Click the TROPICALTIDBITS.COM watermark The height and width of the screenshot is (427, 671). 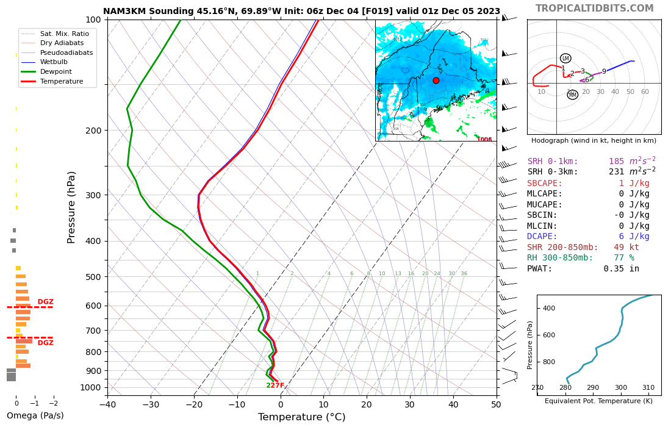[594, 9]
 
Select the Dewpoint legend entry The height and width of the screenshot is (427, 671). [56, 71]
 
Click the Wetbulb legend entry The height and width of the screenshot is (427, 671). [54, 62]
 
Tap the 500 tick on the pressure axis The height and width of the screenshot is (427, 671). [93, 277]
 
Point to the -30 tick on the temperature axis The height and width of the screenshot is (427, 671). [151, 404]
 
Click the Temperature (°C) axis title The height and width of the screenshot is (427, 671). [301, 417]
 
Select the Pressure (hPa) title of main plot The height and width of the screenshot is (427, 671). [72, 207]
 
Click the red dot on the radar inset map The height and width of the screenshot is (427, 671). [436, 81]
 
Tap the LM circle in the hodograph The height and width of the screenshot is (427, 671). [565, 59]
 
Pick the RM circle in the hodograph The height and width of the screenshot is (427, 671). [572, 95]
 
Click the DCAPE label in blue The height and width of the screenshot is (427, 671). [542, 237]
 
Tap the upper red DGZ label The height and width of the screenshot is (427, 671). [46, 302]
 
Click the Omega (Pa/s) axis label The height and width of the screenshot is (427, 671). [35, 416]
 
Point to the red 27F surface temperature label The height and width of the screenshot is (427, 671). [278, 386]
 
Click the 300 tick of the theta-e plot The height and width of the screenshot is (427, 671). [620, 388]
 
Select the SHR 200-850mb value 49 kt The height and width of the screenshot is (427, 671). [626, 247]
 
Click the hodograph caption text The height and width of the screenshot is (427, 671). [594, 141]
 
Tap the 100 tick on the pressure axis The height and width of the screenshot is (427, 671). [93, 20]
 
